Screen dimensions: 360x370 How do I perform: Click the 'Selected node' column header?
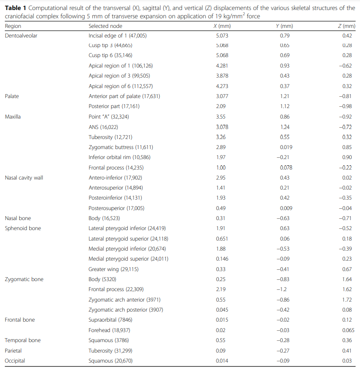point(105,26)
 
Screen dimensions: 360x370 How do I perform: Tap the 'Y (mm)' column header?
point(285,26)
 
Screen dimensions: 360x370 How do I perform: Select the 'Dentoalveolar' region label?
point(21,36)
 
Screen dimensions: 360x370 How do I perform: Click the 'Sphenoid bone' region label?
point(23,228)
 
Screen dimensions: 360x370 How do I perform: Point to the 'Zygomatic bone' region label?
point(24,279)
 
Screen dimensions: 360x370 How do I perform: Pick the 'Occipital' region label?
point(15,360)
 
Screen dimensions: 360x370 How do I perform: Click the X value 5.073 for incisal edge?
point(222,36)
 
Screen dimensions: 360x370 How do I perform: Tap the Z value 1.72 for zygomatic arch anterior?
point(347,300)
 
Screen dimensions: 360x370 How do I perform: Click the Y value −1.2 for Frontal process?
point(281,289)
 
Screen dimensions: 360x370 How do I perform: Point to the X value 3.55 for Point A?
point(221,116)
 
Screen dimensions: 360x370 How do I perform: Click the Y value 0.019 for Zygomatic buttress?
point(286,147)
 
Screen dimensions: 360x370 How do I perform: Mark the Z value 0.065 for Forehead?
point(348,330)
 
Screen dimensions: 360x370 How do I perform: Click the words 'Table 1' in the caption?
point(15,8)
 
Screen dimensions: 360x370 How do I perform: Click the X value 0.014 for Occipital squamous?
point(222,360)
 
